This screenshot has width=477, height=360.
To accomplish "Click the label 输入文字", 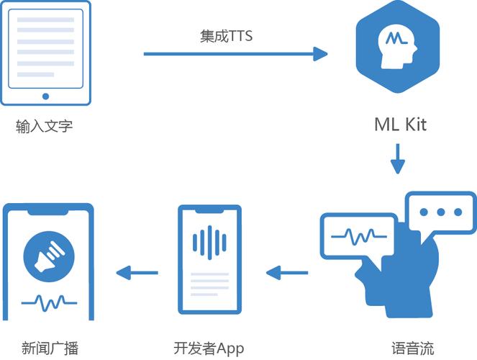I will click(45, 127).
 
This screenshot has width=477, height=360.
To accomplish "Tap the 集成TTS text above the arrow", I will click(227, 35).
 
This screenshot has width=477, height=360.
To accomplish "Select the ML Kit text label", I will click(400, 124).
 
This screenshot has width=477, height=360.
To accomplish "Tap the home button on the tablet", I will click(45, 95).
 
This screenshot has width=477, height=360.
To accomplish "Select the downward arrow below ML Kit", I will click(398, 158).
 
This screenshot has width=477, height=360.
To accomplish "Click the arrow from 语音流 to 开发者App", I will click(286, 273).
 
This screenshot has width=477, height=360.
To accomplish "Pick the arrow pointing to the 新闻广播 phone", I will click(137, 273).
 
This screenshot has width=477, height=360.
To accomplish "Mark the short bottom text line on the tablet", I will click(36, 75).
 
